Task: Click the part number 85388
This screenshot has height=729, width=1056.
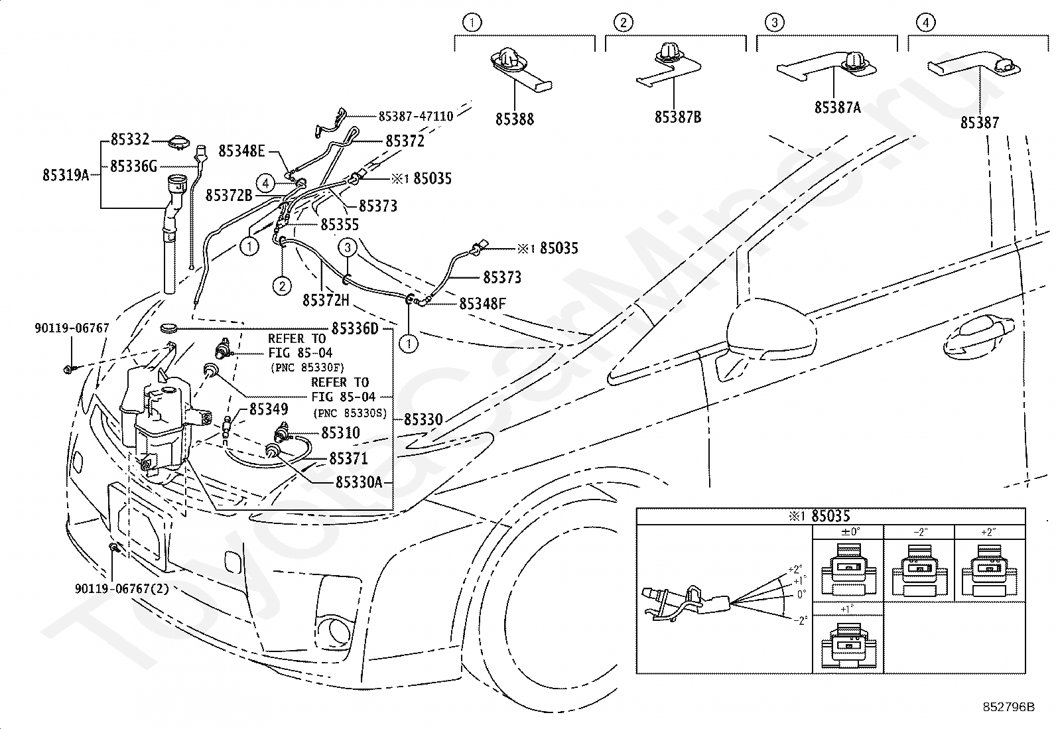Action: tap(514, 119)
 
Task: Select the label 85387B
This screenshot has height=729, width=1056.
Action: tap(678, 117)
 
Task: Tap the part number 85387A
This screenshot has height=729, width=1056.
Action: tap(838, 107)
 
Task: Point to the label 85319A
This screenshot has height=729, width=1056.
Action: tap(66, 175)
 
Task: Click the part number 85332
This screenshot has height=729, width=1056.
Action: tap(130, 139)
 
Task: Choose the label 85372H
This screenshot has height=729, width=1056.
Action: tap(326, 300)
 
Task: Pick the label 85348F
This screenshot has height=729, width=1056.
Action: tap(482, 304)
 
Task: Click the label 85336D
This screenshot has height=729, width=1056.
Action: tap(355, 328)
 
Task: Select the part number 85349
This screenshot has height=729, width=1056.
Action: tap(269, 409)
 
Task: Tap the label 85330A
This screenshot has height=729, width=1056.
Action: tap(359, 482)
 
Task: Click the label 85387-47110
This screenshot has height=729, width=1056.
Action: tap(416, 116)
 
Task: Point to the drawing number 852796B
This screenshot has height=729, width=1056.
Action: tap(1008, 707)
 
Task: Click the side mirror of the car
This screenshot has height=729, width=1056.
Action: tap(770, 330)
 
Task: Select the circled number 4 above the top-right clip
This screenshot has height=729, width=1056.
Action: tap(925, 22)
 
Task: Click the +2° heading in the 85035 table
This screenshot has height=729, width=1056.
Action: tap(988, 532)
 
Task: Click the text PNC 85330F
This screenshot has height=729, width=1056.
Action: tap(307, 367)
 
